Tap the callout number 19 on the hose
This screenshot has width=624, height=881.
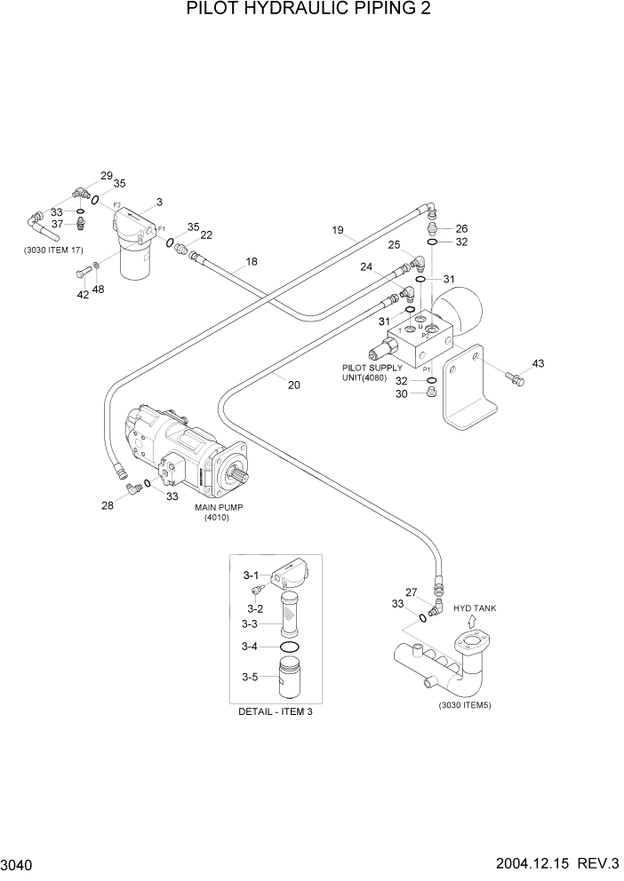338,232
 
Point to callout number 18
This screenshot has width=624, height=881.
252,262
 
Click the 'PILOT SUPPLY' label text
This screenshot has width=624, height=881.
371,367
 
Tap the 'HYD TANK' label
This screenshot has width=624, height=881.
475,608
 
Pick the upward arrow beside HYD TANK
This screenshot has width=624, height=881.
470,623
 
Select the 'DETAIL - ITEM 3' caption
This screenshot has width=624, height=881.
276,712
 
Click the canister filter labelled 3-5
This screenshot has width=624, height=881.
292,679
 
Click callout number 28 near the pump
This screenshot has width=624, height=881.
108,504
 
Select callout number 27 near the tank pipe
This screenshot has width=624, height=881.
411,592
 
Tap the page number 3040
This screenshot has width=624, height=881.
20,864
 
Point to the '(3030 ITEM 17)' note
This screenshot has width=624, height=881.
56,250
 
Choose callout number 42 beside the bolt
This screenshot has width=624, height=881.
83,295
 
